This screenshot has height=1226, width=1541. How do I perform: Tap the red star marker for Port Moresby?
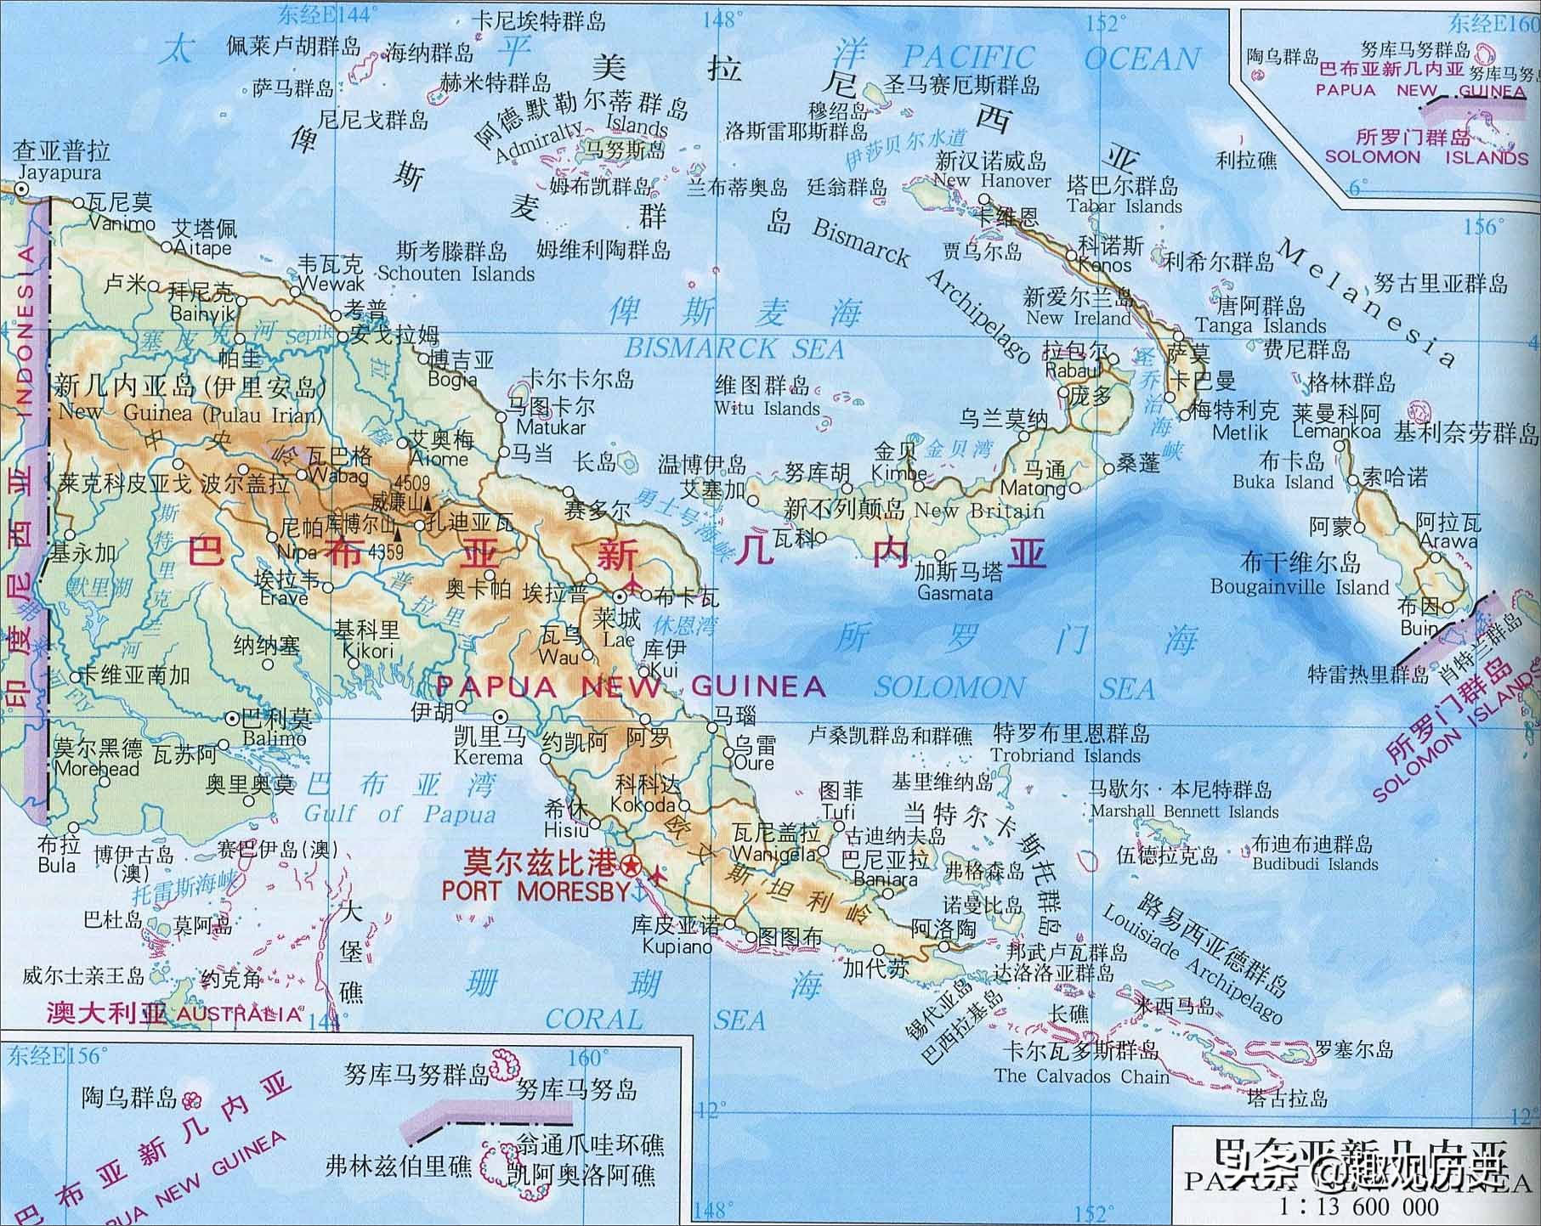pyautogui.click(x=631, y=867)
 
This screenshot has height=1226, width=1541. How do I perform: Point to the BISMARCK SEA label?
pyautogui.click(x=734, y=348)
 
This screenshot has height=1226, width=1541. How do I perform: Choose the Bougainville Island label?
pyautogui.click(x=1300, y=586)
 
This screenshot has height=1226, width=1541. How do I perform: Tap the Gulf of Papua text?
pyautogui.click(x=399, y=814)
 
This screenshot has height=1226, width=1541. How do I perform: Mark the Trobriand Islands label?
pyautogui.click(x=1065, y=755)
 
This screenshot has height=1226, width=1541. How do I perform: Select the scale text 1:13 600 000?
pyautogui.click(x=1360, y=1206)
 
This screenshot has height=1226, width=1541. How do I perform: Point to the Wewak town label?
pyautogui.click(x=332, y=284)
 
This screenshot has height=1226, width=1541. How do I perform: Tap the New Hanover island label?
pyautogui.click(x=992, y=180)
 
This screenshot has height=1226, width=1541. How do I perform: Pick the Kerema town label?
pyautogui.click(x=488, y=757)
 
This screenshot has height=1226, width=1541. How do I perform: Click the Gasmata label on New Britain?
pyautogui.click(x=955, y=592)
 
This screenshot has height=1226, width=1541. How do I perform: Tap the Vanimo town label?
pyautogui.click(x=122, y=223)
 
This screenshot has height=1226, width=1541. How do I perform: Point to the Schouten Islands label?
pyautogui.click(x=456, y=274)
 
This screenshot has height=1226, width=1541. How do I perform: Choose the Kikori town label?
pyautogui.click(x=368, y=650)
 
